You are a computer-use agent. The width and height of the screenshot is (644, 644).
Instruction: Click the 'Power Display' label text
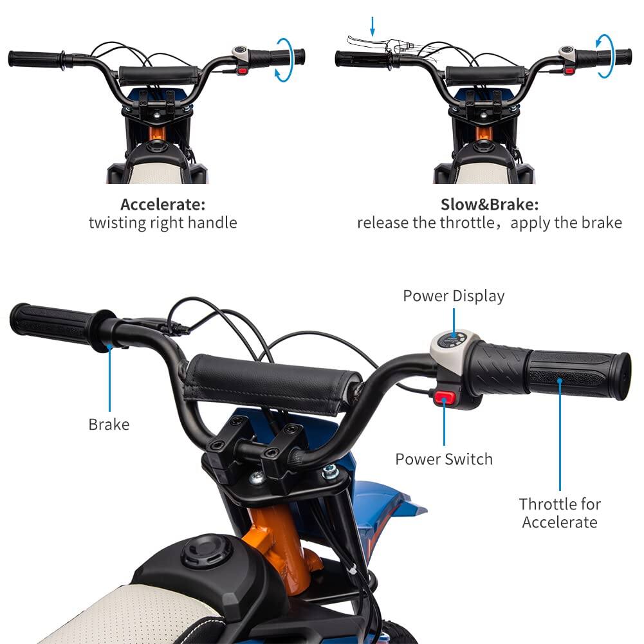[454, 296]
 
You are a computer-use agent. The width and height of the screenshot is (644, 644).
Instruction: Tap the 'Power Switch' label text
[444, 459]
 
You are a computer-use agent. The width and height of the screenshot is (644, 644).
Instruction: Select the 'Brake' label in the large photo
[109, 425]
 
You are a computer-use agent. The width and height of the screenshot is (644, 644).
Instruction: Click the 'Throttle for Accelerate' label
[559, 513]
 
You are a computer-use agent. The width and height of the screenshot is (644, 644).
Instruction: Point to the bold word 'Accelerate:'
[163, 205]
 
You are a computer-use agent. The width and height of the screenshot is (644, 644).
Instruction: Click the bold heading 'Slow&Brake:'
[490, 205]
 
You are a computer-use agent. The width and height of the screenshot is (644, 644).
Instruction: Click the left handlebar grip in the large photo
[51, 322]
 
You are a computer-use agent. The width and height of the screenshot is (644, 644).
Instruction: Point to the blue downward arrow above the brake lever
[373, 26]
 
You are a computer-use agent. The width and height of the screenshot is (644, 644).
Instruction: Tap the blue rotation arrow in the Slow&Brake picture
[604, 57]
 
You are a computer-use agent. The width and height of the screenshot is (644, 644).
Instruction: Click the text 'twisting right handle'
[163, 223]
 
